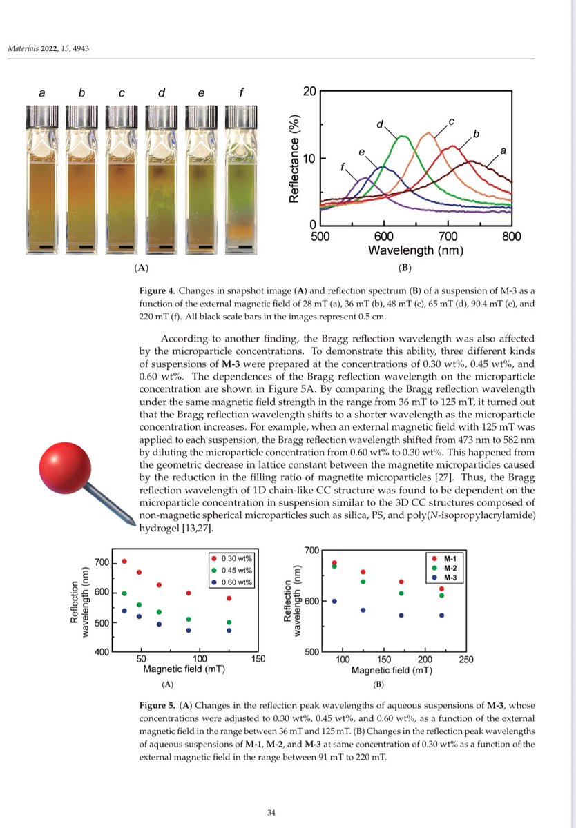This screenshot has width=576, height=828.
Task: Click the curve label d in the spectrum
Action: click(x=380, y=124)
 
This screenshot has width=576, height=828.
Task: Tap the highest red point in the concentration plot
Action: click(x=124, y=561)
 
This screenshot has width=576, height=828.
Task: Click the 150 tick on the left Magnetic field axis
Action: click(x=258, y=660)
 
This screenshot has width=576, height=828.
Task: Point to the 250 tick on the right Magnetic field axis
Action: click(x=466, y=660)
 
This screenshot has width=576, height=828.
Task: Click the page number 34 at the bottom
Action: click(x=271, y=812)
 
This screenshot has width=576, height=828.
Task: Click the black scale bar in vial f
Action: click(x=244, y=246)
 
